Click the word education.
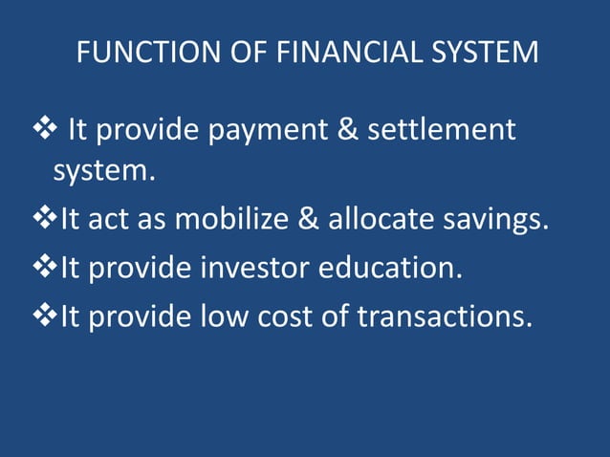tap(393, 268)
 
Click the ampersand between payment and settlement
tap(350, 129)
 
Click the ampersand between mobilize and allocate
tap(308, 221)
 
